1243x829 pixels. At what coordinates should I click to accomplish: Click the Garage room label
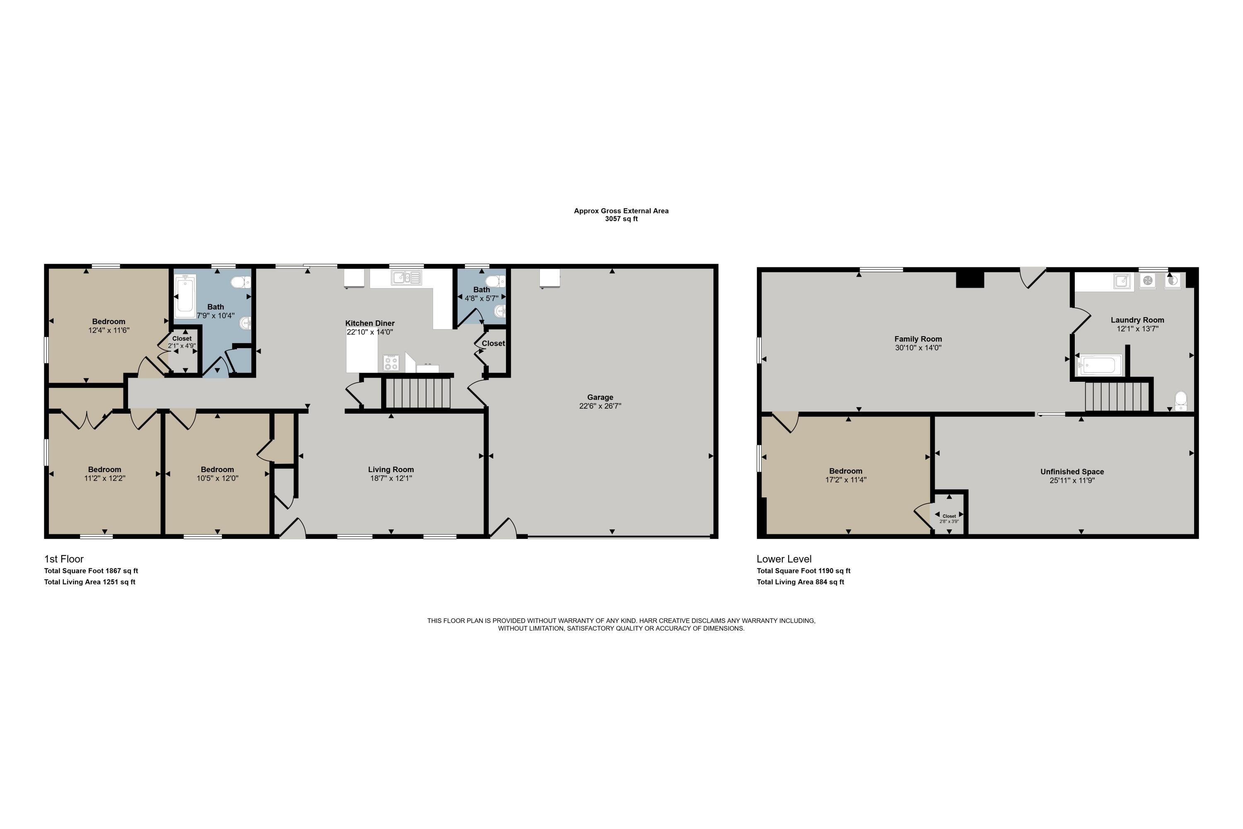coord(600,397)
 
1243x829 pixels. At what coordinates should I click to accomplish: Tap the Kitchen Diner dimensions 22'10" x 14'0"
coord(370,332)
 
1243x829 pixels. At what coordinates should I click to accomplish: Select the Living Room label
coord(391,470)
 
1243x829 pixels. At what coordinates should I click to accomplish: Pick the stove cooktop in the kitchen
coord(391,363)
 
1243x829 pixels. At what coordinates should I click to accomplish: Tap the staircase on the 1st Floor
coord(418,393)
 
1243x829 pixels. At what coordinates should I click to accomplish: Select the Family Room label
coord(918,339)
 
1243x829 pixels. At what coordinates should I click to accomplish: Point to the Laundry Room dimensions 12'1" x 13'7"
coord(1137,328)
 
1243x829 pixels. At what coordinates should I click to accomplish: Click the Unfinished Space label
coord(1072,472)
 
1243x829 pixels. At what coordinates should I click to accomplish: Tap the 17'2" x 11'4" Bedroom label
coord(846,471)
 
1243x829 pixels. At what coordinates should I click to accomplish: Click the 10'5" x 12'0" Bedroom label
coord(217,470)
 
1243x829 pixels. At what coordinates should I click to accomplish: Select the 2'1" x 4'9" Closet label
coord(182,338)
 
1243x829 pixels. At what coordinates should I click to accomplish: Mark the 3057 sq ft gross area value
coord(621,219)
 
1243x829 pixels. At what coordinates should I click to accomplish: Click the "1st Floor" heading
coord(64,559)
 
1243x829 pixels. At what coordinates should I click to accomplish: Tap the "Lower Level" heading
coord(784,559)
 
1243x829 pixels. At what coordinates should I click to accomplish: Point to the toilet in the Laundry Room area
coord(1180,400)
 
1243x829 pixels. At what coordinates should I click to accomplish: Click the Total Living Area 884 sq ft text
coord(800,582)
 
